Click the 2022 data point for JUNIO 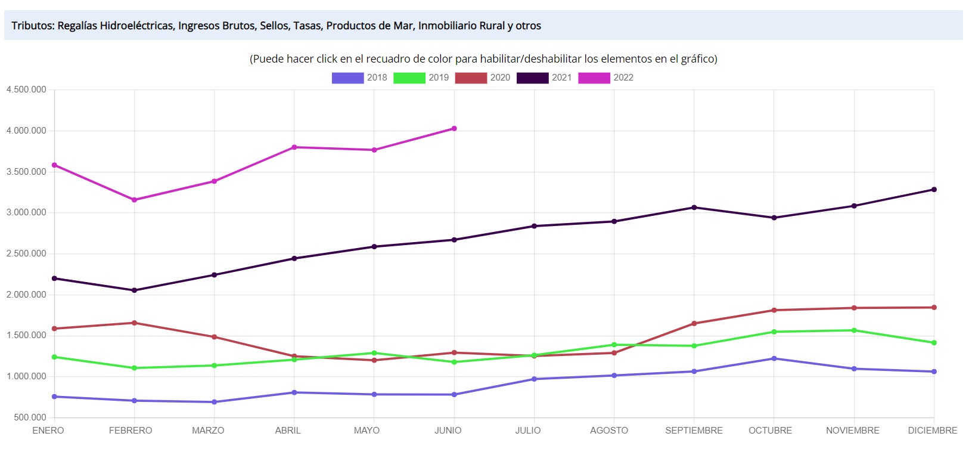coord(454,128)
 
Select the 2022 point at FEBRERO coord(134,200)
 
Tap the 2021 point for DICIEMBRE coord(934,190)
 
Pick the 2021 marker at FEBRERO coord(134,290)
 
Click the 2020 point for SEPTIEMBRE coord(694,324)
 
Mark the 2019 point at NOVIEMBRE coord(854,330)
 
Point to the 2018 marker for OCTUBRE coord(774,358)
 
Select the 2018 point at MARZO coord(214,402)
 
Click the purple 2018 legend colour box coord(347,78)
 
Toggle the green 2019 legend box coord(409,78)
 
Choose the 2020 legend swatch coord(471,78)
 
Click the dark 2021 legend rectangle coord(532,78)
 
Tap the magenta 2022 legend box coord(594,78)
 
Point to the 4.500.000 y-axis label coord(26,89)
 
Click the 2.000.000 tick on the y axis coord(26,295)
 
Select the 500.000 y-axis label coord(30,417)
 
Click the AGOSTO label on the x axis coord(609,431)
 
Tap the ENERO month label coord(48,431)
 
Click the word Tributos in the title coord(32,26)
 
